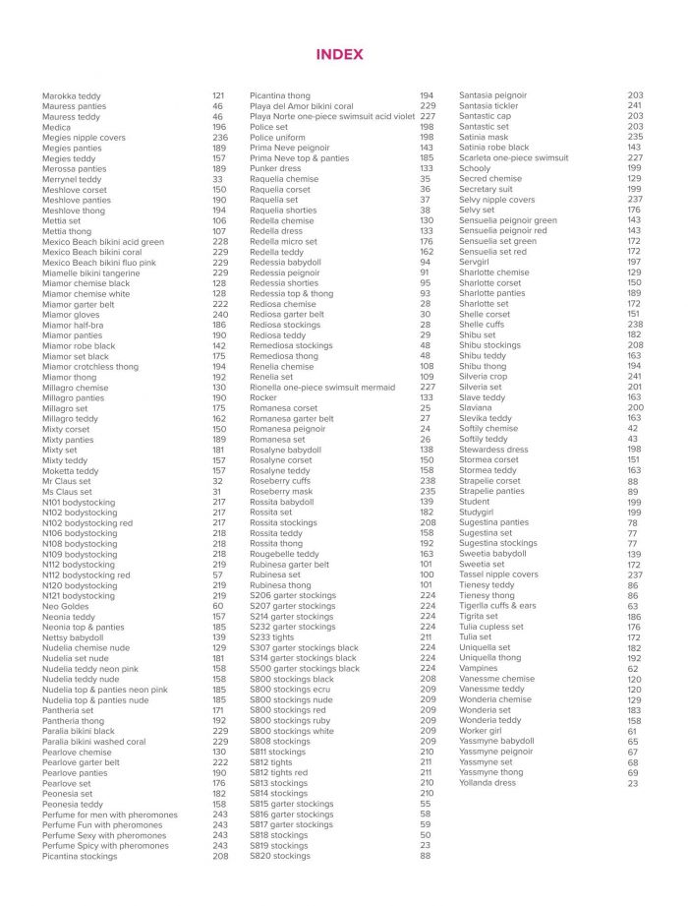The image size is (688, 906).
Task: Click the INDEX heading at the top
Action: click(339, 55)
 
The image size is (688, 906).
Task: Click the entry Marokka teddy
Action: click(71, 96)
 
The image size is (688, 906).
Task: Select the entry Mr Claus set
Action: click(67, 481)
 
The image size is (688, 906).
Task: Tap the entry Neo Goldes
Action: click(65, 606)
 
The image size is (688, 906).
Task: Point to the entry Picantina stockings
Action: click(80, 856)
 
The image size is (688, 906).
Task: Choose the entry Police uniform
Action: click(277, 138)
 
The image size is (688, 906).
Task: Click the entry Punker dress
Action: click(275, 169)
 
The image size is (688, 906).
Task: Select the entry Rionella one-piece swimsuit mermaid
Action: click(322, 388)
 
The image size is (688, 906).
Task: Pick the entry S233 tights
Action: click(271, 636)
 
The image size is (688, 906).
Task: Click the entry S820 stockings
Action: click(279, 856)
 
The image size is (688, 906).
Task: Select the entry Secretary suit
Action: click(486, 189)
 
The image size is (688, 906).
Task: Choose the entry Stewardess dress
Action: click(493, 450)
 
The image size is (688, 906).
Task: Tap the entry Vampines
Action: click(478, 668)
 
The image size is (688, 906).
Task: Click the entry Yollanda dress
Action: click(487, 783)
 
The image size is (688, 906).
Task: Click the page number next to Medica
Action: click(218, 127)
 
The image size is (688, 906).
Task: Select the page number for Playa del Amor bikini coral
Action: click(428, 106)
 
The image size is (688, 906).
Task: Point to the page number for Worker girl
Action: click(632, 731)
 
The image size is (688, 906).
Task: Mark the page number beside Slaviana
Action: click(635, 407)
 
